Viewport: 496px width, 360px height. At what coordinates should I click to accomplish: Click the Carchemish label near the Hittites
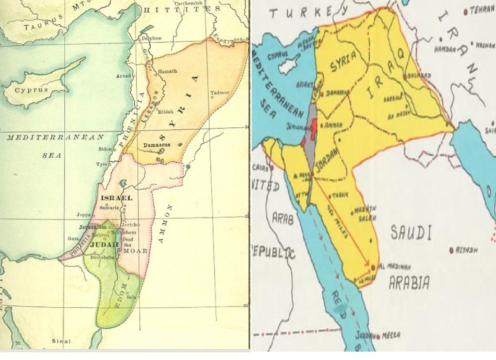(194, 4)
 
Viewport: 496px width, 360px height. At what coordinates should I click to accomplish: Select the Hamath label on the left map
(167, 71)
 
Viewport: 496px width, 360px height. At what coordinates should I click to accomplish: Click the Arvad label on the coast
(123, 76)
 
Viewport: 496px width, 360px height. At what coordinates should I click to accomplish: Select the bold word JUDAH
(104, 244)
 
